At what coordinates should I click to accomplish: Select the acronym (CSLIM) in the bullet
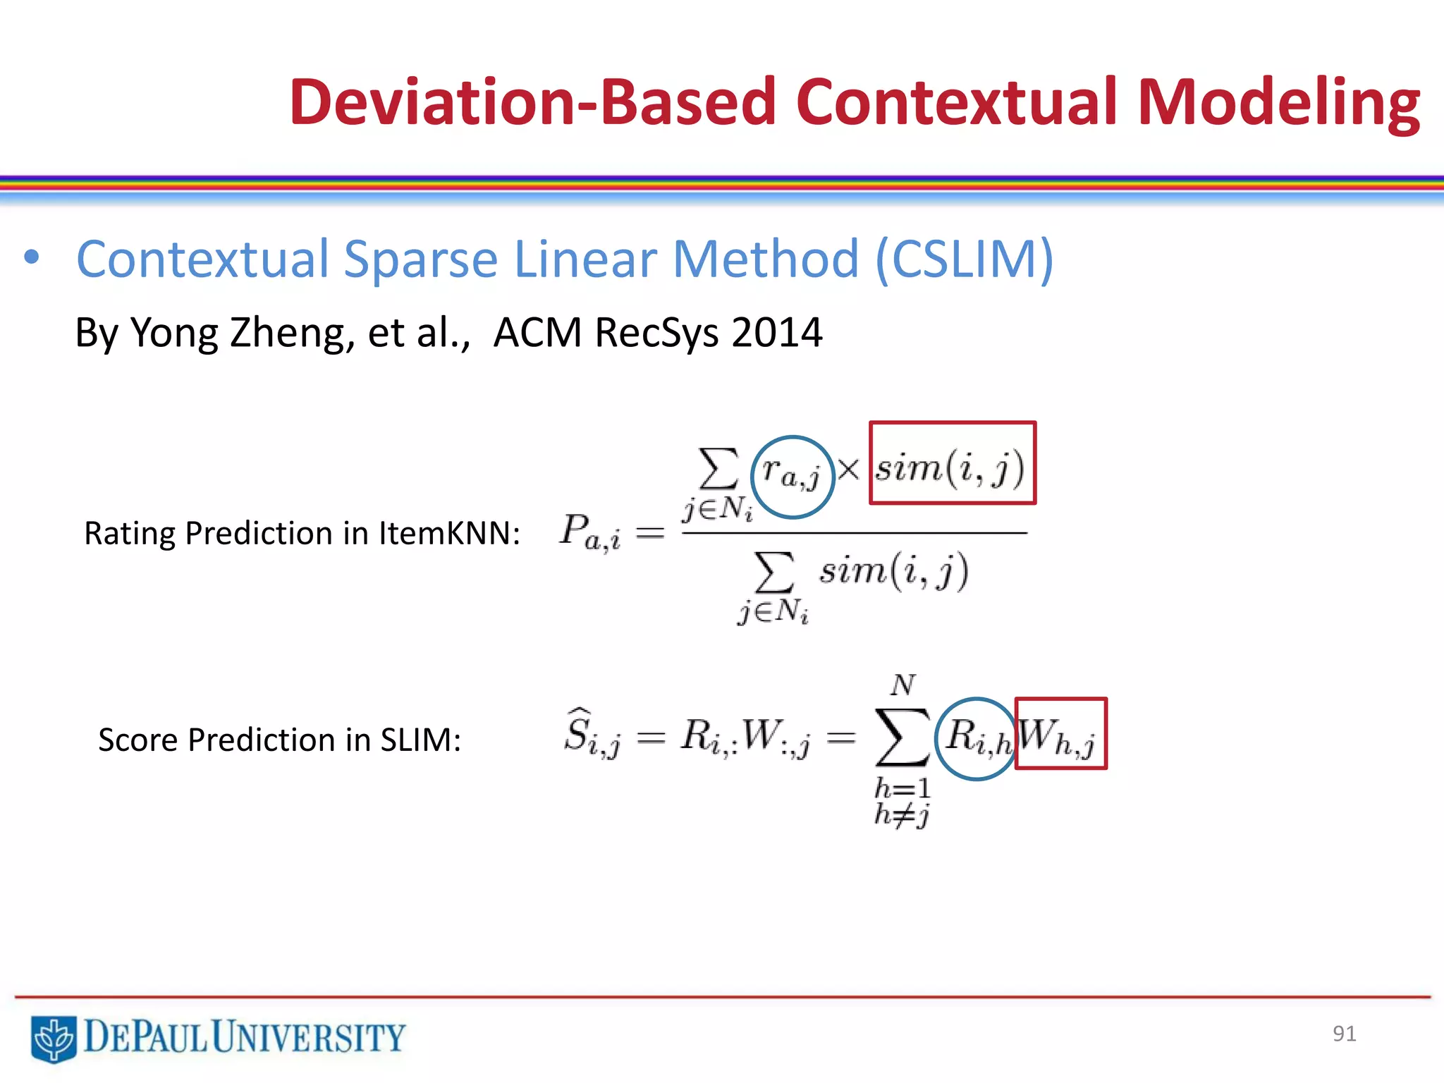(964, 259)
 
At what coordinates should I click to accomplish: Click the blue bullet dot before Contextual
(31, 257)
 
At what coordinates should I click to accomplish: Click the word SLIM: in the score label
(420, 740)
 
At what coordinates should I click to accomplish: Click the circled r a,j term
(792, 477)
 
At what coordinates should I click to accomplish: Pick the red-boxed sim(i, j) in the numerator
(951, 464)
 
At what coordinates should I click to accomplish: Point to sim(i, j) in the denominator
(893, 570)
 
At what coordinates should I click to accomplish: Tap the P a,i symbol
(589, 532)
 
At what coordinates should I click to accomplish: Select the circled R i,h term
(976, 738)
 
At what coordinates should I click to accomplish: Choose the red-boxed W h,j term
(1060, 734)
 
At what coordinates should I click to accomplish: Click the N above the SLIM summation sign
(903, 685)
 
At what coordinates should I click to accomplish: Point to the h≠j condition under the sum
(901, 816)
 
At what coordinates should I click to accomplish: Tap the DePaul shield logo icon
(54, 1039)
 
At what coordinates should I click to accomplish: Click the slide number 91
(1344, 1034)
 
